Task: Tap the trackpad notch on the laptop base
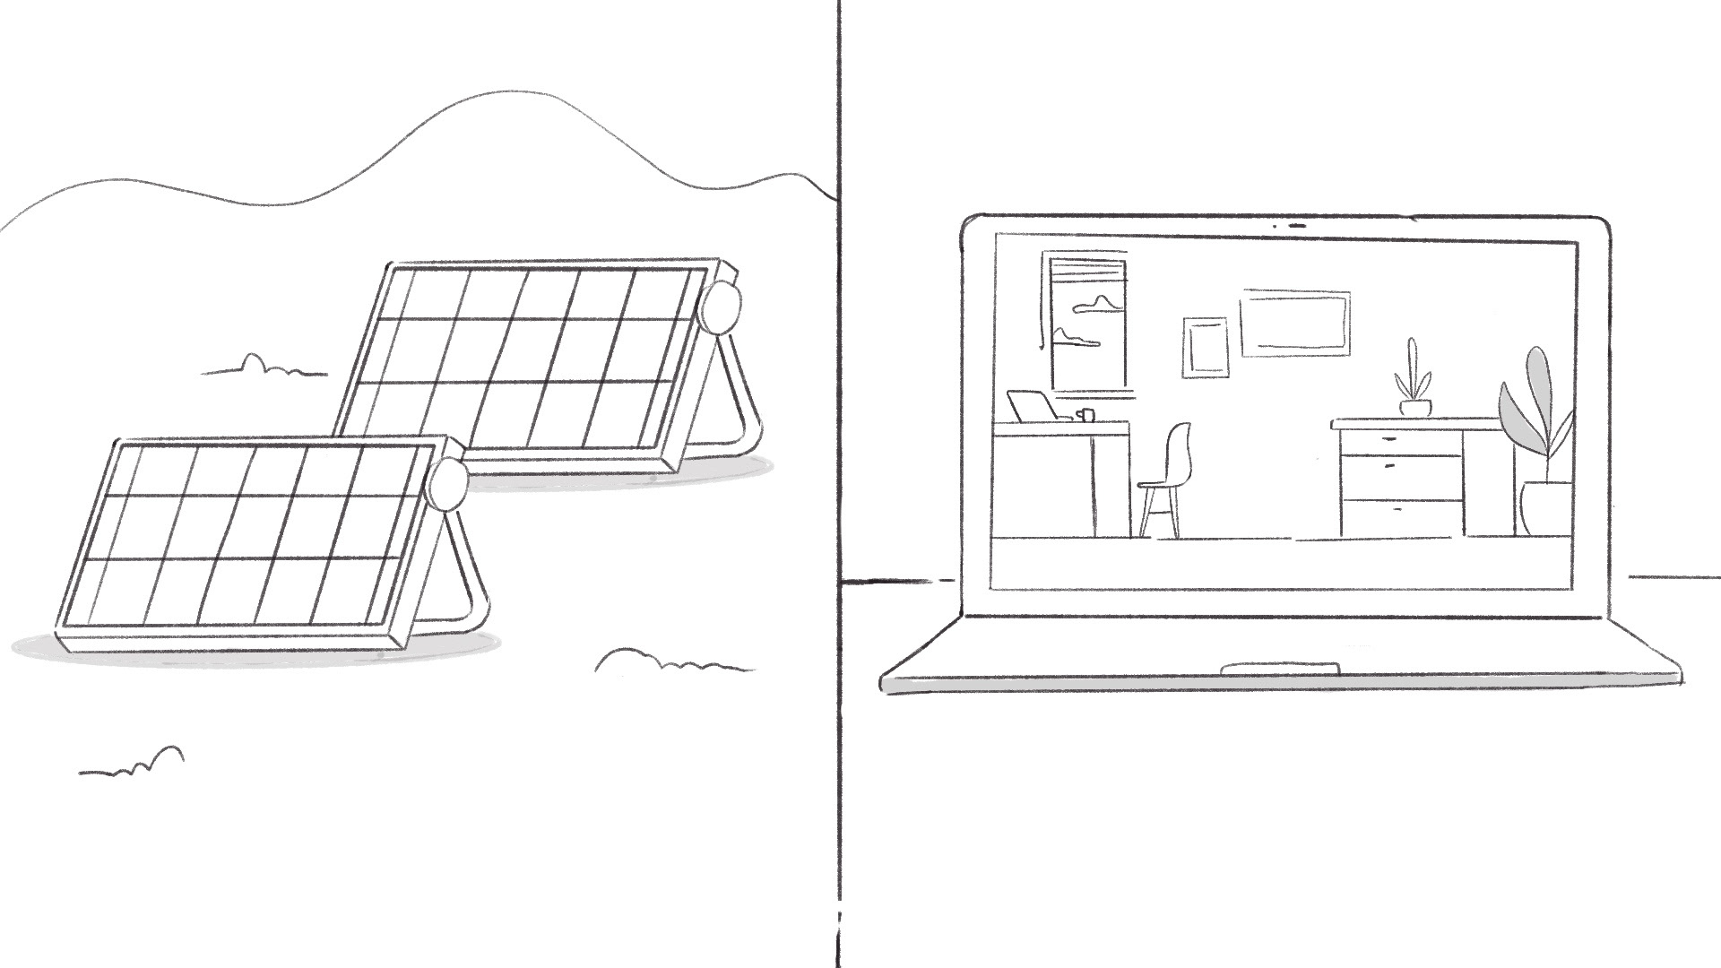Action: click(1281, 668)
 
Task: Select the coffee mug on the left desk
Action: click(1085, 415)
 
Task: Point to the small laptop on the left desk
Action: click(1033, 406)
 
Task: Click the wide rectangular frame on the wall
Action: click(1295, 323)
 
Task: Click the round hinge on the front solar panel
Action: click(446, 485)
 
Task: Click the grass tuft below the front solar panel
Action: click(134, 763)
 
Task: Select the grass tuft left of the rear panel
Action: click(261, 367)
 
